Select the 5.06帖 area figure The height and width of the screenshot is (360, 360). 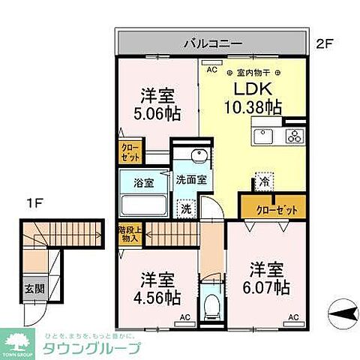coord(157,113)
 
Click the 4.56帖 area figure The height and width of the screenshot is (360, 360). coord(157,297)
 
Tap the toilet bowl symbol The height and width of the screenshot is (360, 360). coord(211,305)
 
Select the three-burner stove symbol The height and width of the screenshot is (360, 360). coord(292,136)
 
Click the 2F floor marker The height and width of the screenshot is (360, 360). coord(323,43)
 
